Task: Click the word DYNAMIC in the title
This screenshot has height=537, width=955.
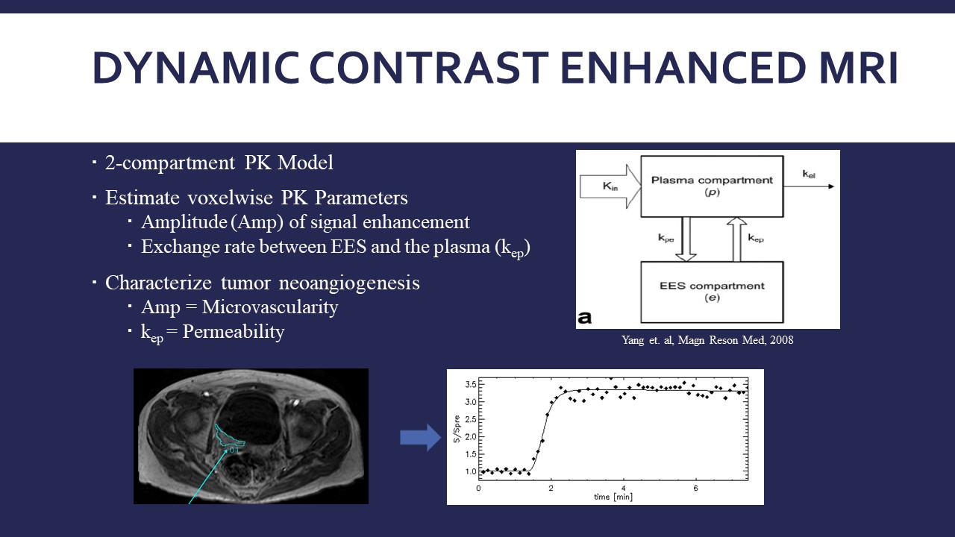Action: [196, 68]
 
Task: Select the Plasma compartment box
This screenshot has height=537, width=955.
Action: [712, 186]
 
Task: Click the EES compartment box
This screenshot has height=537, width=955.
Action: [712, 292]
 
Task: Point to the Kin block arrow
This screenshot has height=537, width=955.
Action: [610, 186]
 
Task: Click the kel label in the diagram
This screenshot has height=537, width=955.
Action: [809, 174]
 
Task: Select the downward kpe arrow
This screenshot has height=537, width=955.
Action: [686, 239]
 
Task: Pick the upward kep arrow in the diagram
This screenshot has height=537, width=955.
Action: [736, 239]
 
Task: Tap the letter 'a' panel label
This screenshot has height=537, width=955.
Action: [585, 318]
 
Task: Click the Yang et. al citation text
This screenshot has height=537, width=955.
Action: [707, 340]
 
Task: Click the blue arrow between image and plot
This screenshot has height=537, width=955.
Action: [420, 438]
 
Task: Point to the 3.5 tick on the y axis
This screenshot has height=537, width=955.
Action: [470, 384]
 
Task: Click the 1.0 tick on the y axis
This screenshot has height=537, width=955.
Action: [470, 471]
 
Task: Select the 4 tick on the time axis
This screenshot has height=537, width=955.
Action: [623, 489]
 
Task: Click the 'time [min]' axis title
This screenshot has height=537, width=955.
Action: [613, 497]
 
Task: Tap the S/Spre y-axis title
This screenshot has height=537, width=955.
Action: [457, 429]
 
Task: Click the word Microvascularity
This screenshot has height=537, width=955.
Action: [270, 307]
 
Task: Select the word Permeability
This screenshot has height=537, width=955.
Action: [234, 332]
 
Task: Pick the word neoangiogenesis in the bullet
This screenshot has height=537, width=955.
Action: [349, 283]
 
